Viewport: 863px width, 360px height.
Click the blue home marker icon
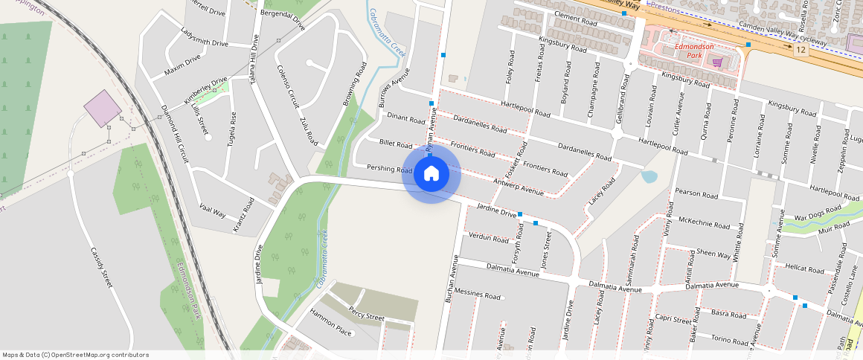[431, 173]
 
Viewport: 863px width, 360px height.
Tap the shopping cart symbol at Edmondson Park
[717, 62]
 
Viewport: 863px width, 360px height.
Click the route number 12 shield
[800, 50]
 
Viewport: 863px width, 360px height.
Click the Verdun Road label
[489, 238]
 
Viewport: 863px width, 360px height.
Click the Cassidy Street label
[101, 268]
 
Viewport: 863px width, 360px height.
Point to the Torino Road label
[729, 339]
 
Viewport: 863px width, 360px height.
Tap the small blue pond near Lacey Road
[649, 177]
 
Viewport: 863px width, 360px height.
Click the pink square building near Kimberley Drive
[102, 109]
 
